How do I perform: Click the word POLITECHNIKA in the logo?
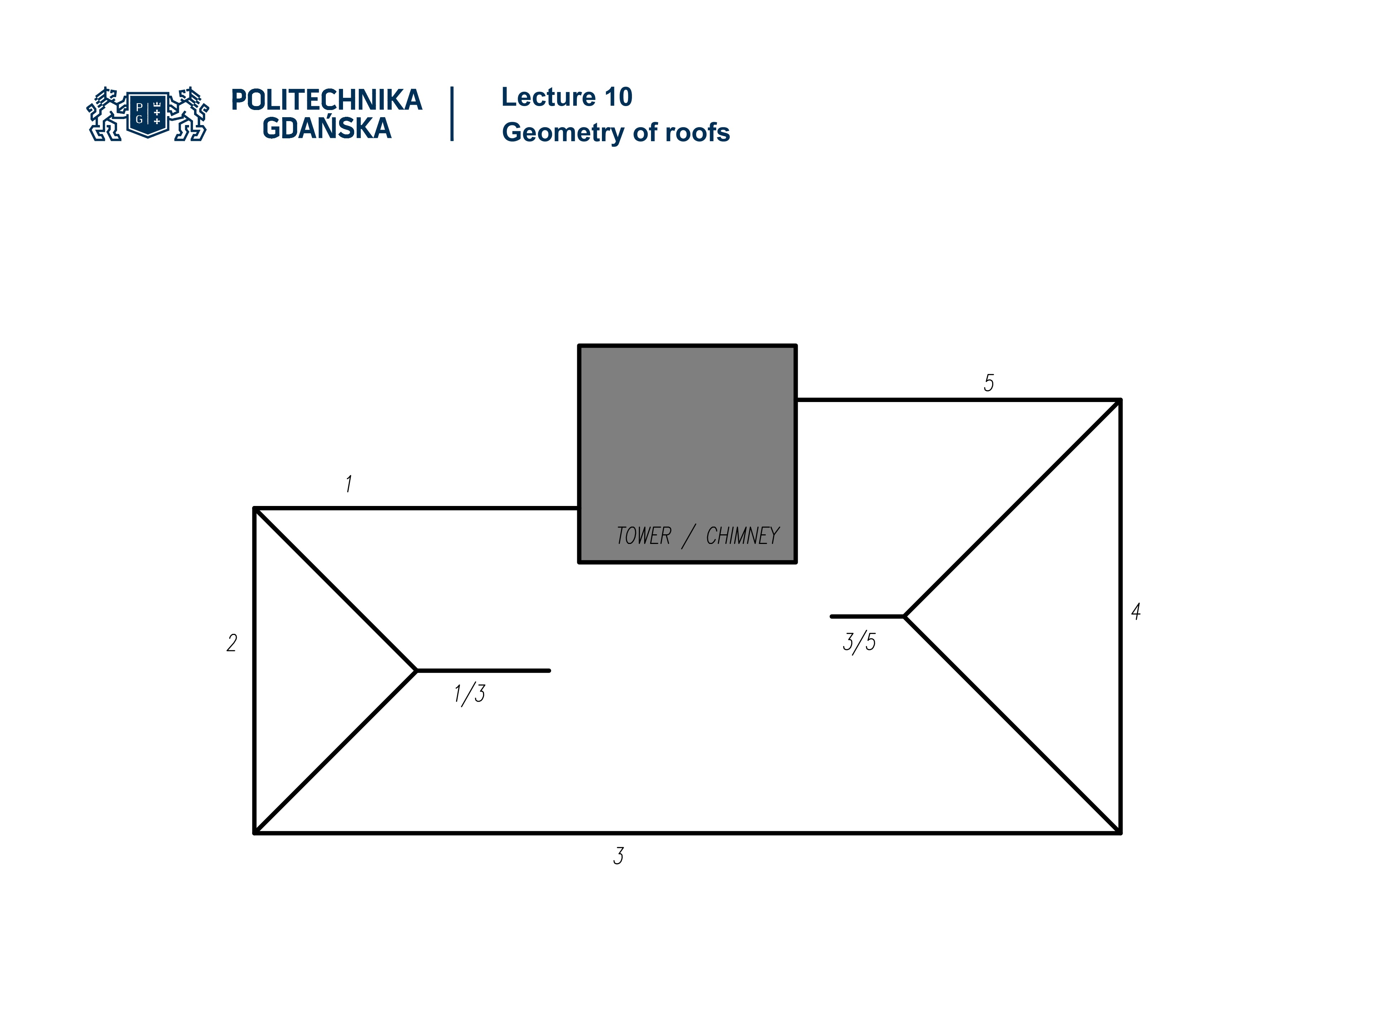pyautogui.click(x=326, y=100)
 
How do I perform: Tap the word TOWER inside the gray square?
pyautogui.click(x=643, y=536)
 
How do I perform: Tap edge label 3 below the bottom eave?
pyautogui.click(x=618, y=856)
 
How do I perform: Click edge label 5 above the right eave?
pyautogui.click(x=988, y=383)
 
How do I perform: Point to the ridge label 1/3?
pyautogui.click(x=469, y=694)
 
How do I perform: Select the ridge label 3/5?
pyautogui.click(x=859, y=642)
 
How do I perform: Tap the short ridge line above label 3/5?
pyautogui.click(x=867, y=616)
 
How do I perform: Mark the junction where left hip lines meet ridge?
pyautogui.click(x=416, y=670)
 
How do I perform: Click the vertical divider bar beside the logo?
pyautogui.click(x=452, y=114)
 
